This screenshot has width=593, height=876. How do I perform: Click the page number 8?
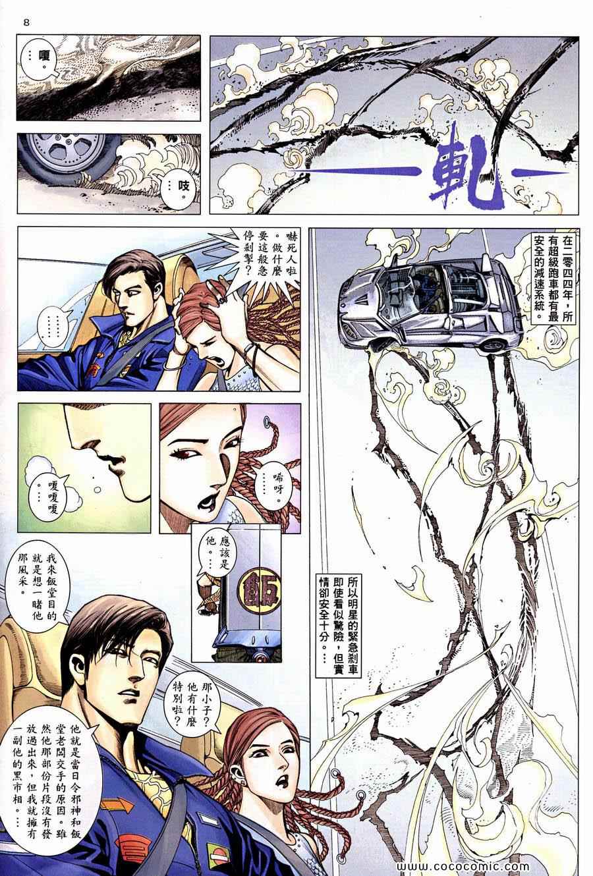click(x=26, y=22)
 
